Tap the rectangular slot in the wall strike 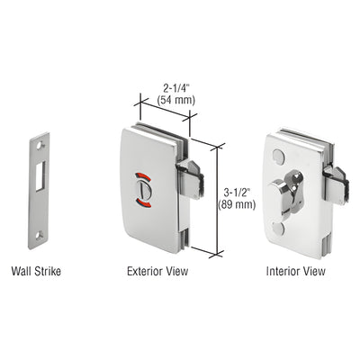tap(39, 173)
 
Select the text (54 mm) tap(178, 102)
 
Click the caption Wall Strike tap(36, 270)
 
